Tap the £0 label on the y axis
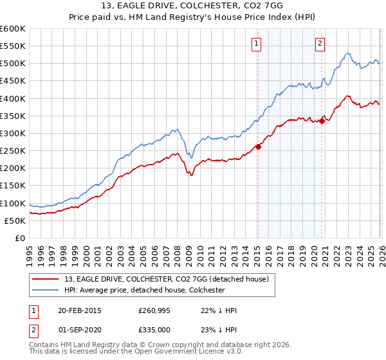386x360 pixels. point(21,239)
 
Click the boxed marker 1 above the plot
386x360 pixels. point(257,44)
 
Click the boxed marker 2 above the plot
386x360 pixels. point(320,44)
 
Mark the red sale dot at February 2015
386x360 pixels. point(258,147)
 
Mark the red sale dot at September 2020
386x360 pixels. point(322,121)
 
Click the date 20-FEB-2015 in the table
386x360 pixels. point(80,310)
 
